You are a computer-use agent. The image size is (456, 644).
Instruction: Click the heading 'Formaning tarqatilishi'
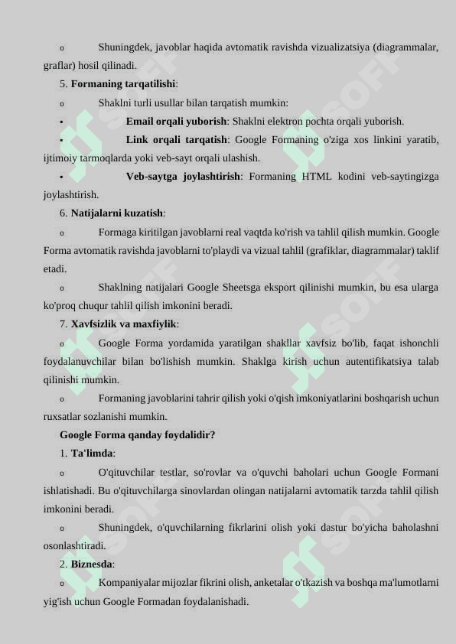123,84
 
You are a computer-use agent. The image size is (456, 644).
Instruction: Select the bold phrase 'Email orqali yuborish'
176,121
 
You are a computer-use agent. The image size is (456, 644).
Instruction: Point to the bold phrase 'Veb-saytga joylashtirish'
183,176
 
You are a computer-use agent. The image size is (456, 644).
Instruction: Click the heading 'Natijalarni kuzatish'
117,213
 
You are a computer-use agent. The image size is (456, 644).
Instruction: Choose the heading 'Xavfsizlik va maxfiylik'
124,324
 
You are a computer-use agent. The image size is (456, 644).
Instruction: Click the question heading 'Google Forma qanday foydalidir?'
137,435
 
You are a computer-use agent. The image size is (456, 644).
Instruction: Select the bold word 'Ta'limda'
93,454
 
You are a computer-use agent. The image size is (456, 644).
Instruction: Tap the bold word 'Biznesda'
91,564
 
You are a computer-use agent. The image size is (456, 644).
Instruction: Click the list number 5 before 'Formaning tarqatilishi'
63,84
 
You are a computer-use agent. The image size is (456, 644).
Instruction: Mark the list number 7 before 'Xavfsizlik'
63,324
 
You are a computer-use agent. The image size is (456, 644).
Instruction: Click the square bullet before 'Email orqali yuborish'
60,122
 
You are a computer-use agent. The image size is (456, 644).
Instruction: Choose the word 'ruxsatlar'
63,417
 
